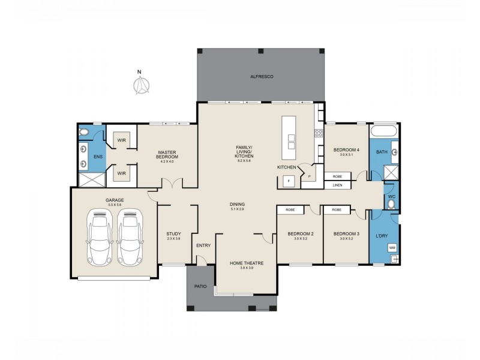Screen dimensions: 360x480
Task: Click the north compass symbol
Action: pos(140,86)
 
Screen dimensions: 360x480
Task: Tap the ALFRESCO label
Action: pos(262,77)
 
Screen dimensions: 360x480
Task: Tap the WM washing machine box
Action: pos(392,247)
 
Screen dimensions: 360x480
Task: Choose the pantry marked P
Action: pos(310,177)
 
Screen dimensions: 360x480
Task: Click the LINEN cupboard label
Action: pos(337,186)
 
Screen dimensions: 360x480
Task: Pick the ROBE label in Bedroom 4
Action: pos(337,177)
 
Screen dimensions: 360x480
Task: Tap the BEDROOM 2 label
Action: pos(300,233)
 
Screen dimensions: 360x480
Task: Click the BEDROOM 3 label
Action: pos(346,233)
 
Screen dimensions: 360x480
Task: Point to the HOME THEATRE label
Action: pos(246,263)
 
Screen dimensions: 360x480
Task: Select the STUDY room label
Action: pos(173,233)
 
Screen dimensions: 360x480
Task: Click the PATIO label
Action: pos(200,287)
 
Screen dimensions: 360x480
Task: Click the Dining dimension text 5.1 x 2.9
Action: pos(237,209)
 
